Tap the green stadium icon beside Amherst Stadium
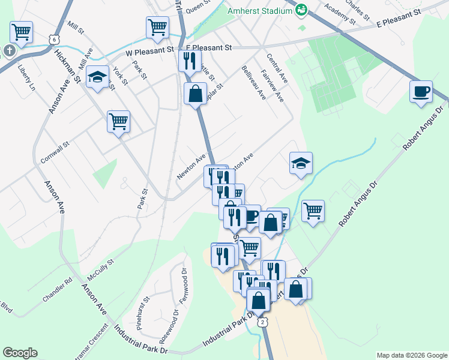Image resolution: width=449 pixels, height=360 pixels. (300, 10)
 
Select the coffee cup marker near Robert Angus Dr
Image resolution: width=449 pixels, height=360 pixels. (421, 92)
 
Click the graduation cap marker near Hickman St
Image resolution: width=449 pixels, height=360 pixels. (97, 77)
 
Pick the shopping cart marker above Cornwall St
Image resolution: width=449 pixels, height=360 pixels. (119, 121)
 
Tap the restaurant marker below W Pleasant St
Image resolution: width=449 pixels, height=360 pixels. (189, 61)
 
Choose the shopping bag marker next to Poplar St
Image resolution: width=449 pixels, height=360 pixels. (196, 94)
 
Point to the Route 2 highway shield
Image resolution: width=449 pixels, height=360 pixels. (263, 322)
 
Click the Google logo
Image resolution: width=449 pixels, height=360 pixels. (20, 353)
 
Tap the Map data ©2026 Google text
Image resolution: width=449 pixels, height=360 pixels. (411, 355)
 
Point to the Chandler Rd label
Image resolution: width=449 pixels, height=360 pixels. (58, 289)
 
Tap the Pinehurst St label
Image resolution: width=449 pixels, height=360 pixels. (142, 308)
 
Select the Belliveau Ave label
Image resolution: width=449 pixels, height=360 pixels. (253, 82)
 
